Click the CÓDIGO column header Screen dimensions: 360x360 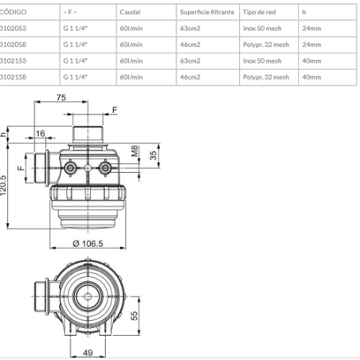pyautogui.click(x=13, y=12)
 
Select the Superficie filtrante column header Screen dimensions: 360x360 pyautogui.click(x=207, y=12)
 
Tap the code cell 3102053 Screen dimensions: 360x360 pyautogui.click(x=13, y=28)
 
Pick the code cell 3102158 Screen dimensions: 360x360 pyautogui.click(x=13, y=77)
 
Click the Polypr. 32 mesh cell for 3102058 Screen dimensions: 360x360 pyautogui.click(x=266, y=45)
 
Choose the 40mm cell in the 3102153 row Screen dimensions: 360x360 pyautogui.click(x=311, y=61)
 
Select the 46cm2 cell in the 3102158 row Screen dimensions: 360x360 pyautogui.click(x=190, y=77)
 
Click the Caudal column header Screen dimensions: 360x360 pyautogui.click(x=130, y=12)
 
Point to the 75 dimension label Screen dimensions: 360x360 pyautogui.click(x=61, y=97)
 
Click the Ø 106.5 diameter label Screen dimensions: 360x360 pyautogui.click(x=88, y=244)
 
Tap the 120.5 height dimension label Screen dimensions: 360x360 pyautogui.click(x=3, y=186)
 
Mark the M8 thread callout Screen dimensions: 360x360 pyautogui.click(x=135, y=151)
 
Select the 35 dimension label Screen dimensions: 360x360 pyautogui.click(x=153, y=155)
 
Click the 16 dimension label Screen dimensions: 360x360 pyautogui.click(x=41, y=133)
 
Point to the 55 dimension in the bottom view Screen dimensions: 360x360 pyautogui.click(x=135, y=315)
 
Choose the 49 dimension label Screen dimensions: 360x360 pyautogui.click(x=88, y=353)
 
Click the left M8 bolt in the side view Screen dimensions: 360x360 pyautogui.click(x=70, y=168)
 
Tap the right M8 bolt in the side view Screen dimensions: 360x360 pyautogui.click(x=105, y=168)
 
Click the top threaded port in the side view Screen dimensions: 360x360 pyautogui.click(x=88, y=135)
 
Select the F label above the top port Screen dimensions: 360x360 pyautogui.click(x=115, y=110)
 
